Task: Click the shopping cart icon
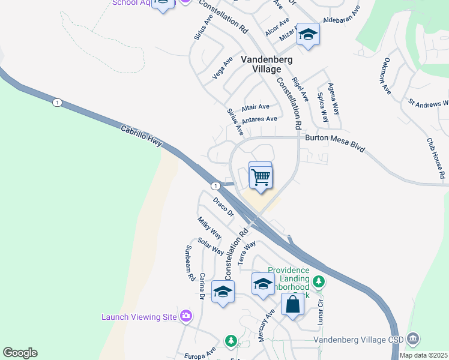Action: [x=261, y=176]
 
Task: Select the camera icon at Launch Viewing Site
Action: [x=185, y=316]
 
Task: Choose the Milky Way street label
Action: [x=209, y=229]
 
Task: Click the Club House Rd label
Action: [x=435, y=158]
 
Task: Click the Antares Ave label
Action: [x=259, y=119]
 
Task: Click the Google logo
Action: [x=20, y=353]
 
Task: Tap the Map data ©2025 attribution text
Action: [x=423, y=355]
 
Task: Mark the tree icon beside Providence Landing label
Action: [x=319, y=281]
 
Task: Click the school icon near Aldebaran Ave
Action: [x=308, y=35]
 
